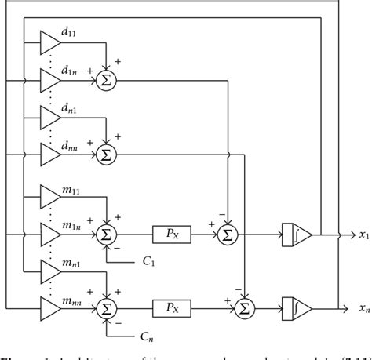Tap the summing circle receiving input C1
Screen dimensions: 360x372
105,233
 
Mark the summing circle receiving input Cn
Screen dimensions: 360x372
105,308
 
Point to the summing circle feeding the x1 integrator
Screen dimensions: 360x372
227,233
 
